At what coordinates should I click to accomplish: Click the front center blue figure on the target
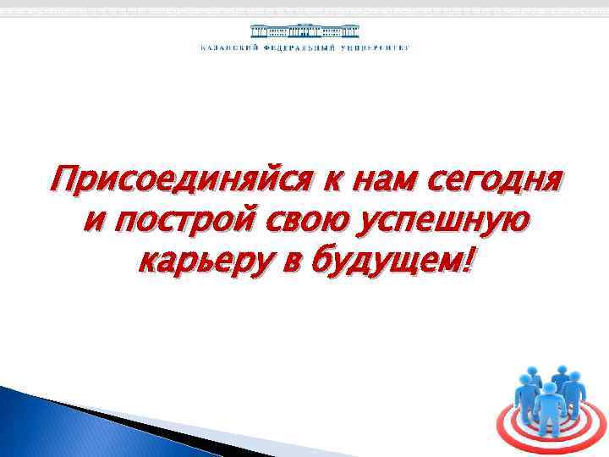pos(550,410)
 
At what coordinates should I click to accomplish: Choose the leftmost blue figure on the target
pos(529,388)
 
